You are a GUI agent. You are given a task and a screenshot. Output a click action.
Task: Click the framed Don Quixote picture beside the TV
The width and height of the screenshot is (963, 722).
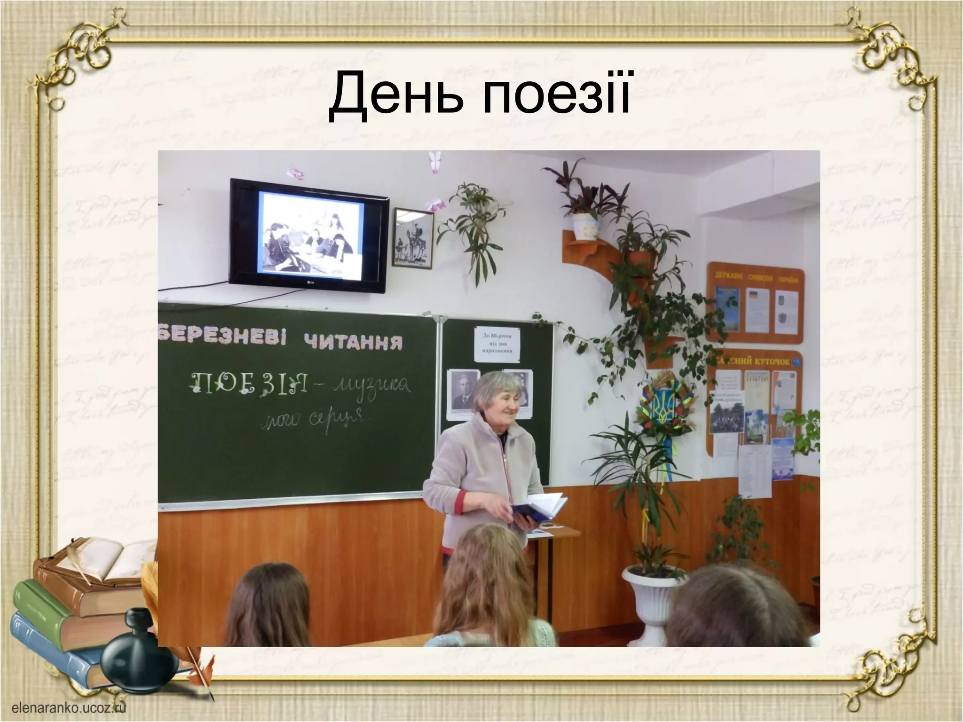[412, 238]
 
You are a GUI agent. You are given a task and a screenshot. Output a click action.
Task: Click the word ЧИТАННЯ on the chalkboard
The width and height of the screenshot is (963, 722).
[353, 342]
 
